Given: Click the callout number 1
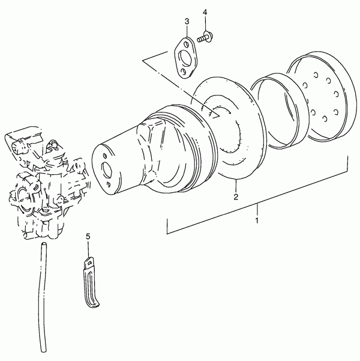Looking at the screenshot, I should pyautogui.click(x=257, y=220).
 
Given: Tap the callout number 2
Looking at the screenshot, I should pyautogui.click(x=236, y=197).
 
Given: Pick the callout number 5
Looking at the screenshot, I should pyautogui.click(x=88, y=237).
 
